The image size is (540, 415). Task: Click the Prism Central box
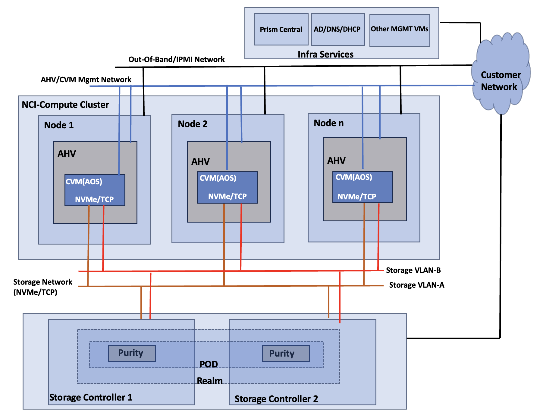pos(281,29)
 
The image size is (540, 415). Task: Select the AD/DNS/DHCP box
pos(338,29)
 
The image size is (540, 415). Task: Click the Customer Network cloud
pos(501,75)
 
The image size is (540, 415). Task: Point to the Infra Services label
pos(325,54)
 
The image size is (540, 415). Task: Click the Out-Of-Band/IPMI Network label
pos(177,59)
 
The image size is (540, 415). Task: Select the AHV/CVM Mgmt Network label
pos(86,80)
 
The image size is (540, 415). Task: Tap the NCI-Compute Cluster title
pos(65,105)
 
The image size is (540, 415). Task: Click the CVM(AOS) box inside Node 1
pos(95,190)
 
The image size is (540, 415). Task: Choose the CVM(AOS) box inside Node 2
pos(227,187)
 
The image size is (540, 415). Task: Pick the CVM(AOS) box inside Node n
pos(363,187)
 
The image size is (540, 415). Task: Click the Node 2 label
pos(193,124)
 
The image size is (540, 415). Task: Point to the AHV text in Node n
pos(336,161)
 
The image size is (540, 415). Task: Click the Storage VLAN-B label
pos(413,270)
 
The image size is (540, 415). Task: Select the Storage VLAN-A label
pos(416,285)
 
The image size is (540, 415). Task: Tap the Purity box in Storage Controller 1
pos(132,353)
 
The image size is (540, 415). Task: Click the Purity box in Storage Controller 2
pos(285,353)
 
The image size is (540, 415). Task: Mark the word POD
pos(209,364)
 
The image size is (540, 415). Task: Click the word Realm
pos(210,381)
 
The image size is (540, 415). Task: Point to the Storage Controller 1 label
pos(91,397)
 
